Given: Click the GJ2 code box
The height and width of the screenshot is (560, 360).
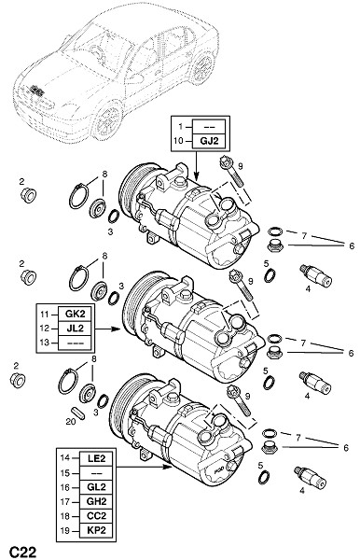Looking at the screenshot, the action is pyautogui.click(x=209, y=141).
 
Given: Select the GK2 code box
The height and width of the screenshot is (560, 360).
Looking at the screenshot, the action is pyautogui.click(x=75, y=314).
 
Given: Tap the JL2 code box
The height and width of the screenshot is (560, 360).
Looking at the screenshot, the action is pyautogui.click(x=75, y=329).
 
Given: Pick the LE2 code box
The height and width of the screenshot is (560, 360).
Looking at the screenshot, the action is pyautogui.click(x=96, y=458).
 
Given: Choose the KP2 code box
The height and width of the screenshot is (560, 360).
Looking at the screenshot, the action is pyautogui.click(x=96, y=530).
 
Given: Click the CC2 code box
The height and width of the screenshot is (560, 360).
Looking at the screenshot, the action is pyautogui.click(x=96, y=516).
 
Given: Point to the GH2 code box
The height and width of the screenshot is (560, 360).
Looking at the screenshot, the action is pyautogui.click(x=96, y=502).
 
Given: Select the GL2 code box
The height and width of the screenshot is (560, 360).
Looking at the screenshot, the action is pyautogui.click(x=96, y=487).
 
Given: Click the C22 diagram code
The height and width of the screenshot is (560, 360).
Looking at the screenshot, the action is pyautogui.click(x=22, y=552).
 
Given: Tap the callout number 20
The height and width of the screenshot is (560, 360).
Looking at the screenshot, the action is pyautogui.click(x=71, y=422).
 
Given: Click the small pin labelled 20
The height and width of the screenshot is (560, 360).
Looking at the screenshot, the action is pyautogui.click(x=78, y=413).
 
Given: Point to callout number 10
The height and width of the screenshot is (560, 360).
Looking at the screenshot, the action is pyautogui.click(x=178, y=141).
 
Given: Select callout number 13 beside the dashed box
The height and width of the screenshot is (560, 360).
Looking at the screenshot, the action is pyautogui.click(x=44, y=343).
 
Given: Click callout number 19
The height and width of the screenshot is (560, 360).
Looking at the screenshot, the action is pyautogui.click(x=65, y=530).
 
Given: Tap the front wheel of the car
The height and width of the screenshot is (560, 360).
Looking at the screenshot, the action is pyautogui.click(x=108, y=120).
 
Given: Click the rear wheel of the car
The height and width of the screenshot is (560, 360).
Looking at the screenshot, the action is pyautogui.click(x=203, y=67).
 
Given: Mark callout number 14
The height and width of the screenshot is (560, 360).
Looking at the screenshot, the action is pyautogui.click(x=65, y=458).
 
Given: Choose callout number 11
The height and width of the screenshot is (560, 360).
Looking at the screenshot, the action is pyautogui.click(x=44, y=315).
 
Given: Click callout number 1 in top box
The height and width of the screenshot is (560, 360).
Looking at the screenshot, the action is pyautogui.click(x=181, y=126).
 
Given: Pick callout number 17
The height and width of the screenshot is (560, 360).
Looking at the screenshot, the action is pyautogui.click(x=65, y=502).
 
